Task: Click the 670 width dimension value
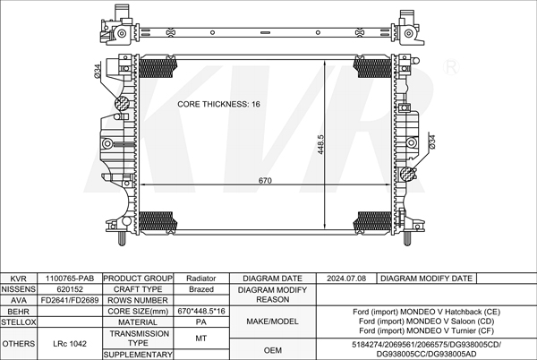click(265, 181)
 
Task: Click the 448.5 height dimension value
click(320, 144)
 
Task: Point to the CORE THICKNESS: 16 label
click(218, 104)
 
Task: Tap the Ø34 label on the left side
click(98, 71)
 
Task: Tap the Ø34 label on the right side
click(432, 141)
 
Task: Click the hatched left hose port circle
click(122, 104)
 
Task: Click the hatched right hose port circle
click(407, 174)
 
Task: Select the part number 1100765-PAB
click(70, 279)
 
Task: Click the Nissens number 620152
click(70, 289)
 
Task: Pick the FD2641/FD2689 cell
click(70, 300)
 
